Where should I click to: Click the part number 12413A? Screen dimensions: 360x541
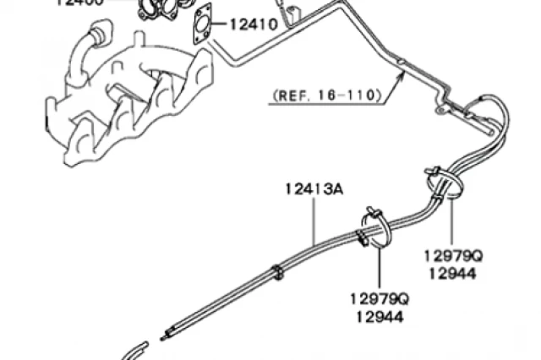pos(314,190)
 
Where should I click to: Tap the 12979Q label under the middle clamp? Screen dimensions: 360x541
pos(379,299)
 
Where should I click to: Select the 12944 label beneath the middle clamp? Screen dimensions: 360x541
pos(379,317)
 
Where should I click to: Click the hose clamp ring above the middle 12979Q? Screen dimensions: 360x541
pos(373,225)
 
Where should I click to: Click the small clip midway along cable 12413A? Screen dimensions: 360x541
pos(277,272)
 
